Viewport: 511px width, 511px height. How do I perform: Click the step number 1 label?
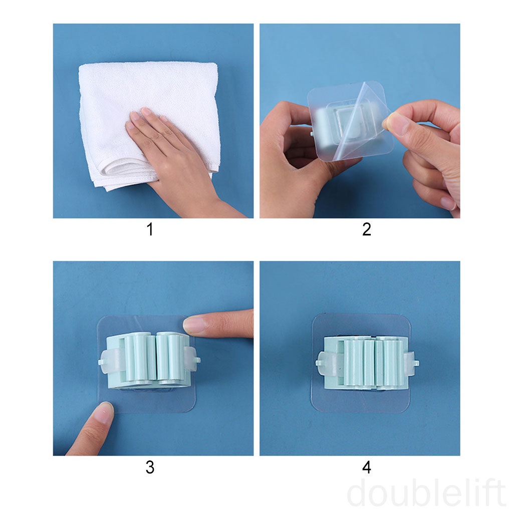pyautogui.click(x=149, y=229)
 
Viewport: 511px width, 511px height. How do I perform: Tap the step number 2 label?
pyautogui.click(x=366, y=229)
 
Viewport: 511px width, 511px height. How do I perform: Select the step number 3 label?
pyautogui.click(x=149, y=467)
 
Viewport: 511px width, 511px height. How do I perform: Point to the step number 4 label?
pyautogui.click(x=366, y=467)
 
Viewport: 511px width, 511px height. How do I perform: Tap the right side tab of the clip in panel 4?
pyautogui.click(x=411, y=362)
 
